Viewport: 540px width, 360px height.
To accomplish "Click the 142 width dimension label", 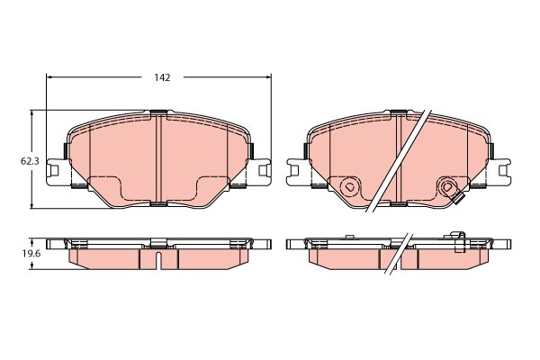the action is click(162, 77).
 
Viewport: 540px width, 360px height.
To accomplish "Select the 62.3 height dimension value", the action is click(30, 161).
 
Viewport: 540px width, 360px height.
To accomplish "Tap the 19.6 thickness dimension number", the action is click(31, 254).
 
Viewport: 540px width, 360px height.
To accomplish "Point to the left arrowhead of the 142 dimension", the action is click(49, 77).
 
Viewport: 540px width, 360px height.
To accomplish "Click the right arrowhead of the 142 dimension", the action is click(268, 77).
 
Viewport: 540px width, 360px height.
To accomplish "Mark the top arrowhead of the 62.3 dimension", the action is click(32, 113).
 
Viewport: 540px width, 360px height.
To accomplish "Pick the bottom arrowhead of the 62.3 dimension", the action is click(32, 205).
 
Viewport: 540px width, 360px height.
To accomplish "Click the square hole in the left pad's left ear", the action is click(54, 170).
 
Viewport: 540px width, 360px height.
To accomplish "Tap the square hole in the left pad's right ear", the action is click(263, 170).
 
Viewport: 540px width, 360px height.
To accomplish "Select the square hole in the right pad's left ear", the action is click(295, 170).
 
